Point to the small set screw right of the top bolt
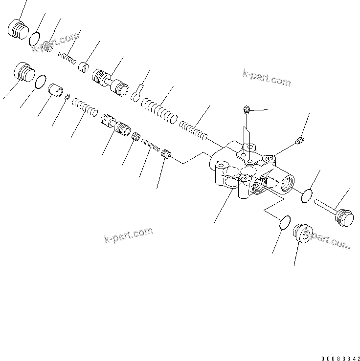pos(301,141)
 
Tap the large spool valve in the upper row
pos(109,82)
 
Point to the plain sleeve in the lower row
pos(55,91)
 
